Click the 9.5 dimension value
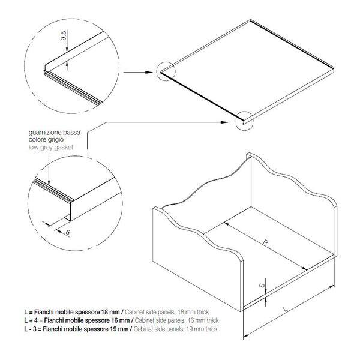point(64,35)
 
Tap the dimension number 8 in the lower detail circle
point(68,233)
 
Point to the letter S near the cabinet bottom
point(262,286)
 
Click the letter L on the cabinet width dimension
point(286,309)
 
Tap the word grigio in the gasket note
point(56,140)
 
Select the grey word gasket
point(62,148)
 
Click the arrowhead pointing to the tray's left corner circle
point(149,73)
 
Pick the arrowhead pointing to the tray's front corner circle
point(224,122)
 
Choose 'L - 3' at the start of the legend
point(31,329)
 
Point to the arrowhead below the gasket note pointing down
point(49,182)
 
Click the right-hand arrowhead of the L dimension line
point(332,287)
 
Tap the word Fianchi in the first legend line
point(44,312)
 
